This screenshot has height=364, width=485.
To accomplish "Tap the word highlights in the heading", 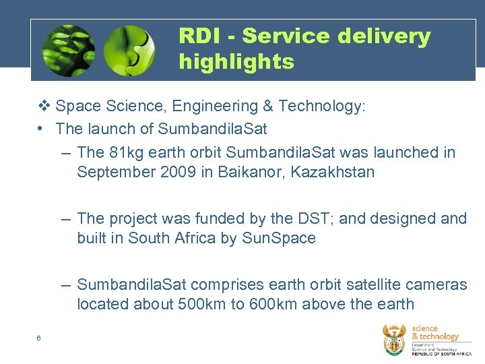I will [x=236, y=62].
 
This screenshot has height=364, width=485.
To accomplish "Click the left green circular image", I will [x=68, y=51].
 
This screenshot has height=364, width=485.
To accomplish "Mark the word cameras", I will [x=436, y=284].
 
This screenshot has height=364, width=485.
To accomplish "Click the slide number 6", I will [x=39, y=338].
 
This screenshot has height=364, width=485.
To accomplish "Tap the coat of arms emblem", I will [x=394, y=339].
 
